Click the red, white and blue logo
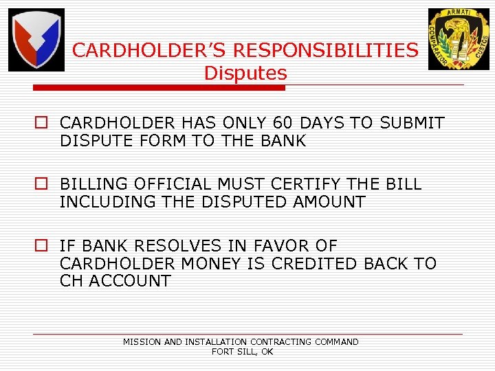click(36, 40)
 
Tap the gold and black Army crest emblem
click(459, 39)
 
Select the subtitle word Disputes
click(245, 73)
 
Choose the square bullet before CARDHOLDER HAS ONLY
click(43, 124)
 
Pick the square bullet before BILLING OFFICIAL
click(43, 185)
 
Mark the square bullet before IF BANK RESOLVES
click(43, 246)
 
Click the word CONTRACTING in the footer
click(281, 341)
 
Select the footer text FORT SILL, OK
click(242, 351)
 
